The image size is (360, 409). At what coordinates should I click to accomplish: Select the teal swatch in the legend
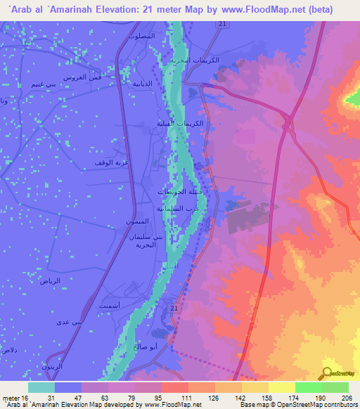click(41, 387)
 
